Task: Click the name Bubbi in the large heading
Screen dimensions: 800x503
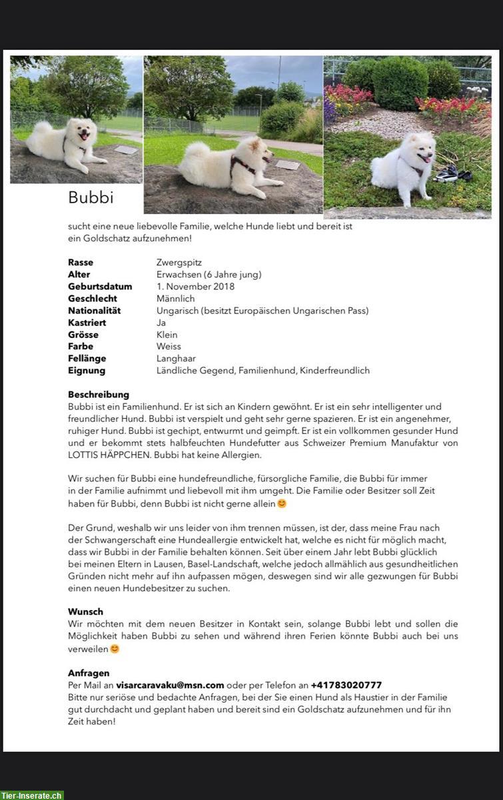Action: (91, 198)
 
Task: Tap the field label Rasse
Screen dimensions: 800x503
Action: (81, 263)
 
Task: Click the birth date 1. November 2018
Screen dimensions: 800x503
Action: (195, 287)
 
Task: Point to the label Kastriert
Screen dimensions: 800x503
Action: (87, 323)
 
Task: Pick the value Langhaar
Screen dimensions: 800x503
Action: (177, 359)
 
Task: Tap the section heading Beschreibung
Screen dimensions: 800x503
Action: (99, 395)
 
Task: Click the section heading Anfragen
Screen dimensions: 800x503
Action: (89, 673)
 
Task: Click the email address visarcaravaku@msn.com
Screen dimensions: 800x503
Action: (170, 685)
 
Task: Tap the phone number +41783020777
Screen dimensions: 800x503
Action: (346, 685)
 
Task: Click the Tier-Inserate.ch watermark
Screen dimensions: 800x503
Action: (32, 795)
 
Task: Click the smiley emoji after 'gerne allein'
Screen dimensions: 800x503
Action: (282, 503)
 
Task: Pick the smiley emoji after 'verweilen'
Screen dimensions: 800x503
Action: (115, 649)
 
